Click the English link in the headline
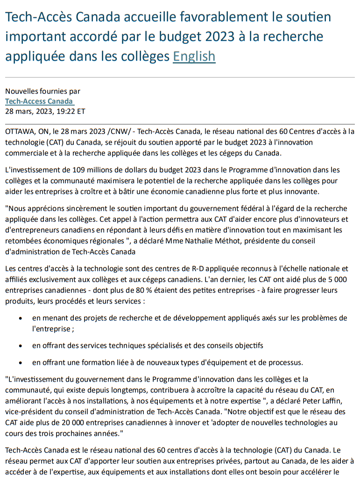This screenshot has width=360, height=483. click(194, 57)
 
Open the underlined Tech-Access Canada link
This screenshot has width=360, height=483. click(39, 101)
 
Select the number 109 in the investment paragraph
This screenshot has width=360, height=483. click(80, 170)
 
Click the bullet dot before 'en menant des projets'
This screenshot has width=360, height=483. click(21, 319)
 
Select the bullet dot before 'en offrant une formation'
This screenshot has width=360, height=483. click(21, 362)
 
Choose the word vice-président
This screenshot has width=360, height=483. click(28, 412)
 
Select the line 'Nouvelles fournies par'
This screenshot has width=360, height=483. click(42, 92)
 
